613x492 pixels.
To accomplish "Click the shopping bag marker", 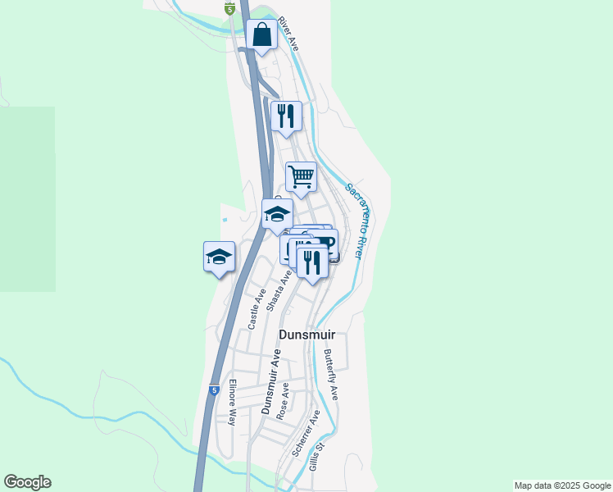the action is tap(261, 35).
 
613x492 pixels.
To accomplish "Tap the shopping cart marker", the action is tap(301, 175).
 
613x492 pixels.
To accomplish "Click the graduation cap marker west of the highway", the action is tap(219, 256).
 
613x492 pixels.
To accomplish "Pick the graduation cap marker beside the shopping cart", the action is tap(277, 214).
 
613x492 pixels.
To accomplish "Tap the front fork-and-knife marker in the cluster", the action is tap(312, 261).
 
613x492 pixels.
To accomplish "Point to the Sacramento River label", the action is tap(354, 221).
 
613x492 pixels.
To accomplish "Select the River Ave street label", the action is tap(288, 33).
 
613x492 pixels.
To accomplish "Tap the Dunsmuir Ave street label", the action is tap(270, 380).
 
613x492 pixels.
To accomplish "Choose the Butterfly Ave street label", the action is tap(330, 375).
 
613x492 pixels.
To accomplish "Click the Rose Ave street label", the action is tap(283, 401).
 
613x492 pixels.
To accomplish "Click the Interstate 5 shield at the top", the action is tap(230, 8).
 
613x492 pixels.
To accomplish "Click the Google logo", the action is tap(27, 482).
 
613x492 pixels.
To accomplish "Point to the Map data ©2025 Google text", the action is tap(562, 485).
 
